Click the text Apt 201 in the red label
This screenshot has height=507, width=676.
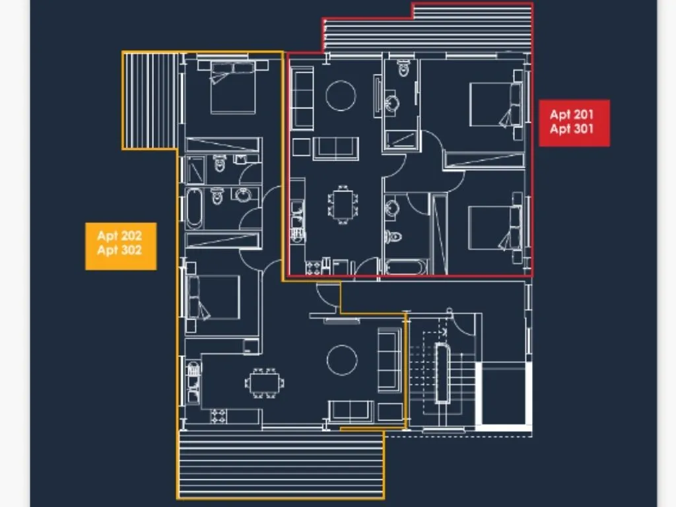tap(572, 115)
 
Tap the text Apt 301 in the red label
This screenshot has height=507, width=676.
tap(572, 129)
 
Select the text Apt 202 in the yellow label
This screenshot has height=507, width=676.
tap(119, 236)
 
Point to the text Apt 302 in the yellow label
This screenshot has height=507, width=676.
tap(119, 250)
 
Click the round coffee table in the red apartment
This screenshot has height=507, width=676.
tap(341, 95)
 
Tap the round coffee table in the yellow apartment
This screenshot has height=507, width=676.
tap(341, 360)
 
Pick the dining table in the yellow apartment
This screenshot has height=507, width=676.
tap(265, 382)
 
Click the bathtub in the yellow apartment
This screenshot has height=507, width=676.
tap(194, 209)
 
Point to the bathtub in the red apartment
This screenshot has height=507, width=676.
tap(406, 267)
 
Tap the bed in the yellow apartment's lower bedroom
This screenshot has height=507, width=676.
tap(215, 297)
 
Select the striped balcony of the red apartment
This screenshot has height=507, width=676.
tap(429, 30)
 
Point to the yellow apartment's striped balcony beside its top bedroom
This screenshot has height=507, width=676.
tap(150, 100)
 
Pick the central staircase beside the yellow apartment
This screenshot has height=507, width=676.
tap(441, 373)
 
